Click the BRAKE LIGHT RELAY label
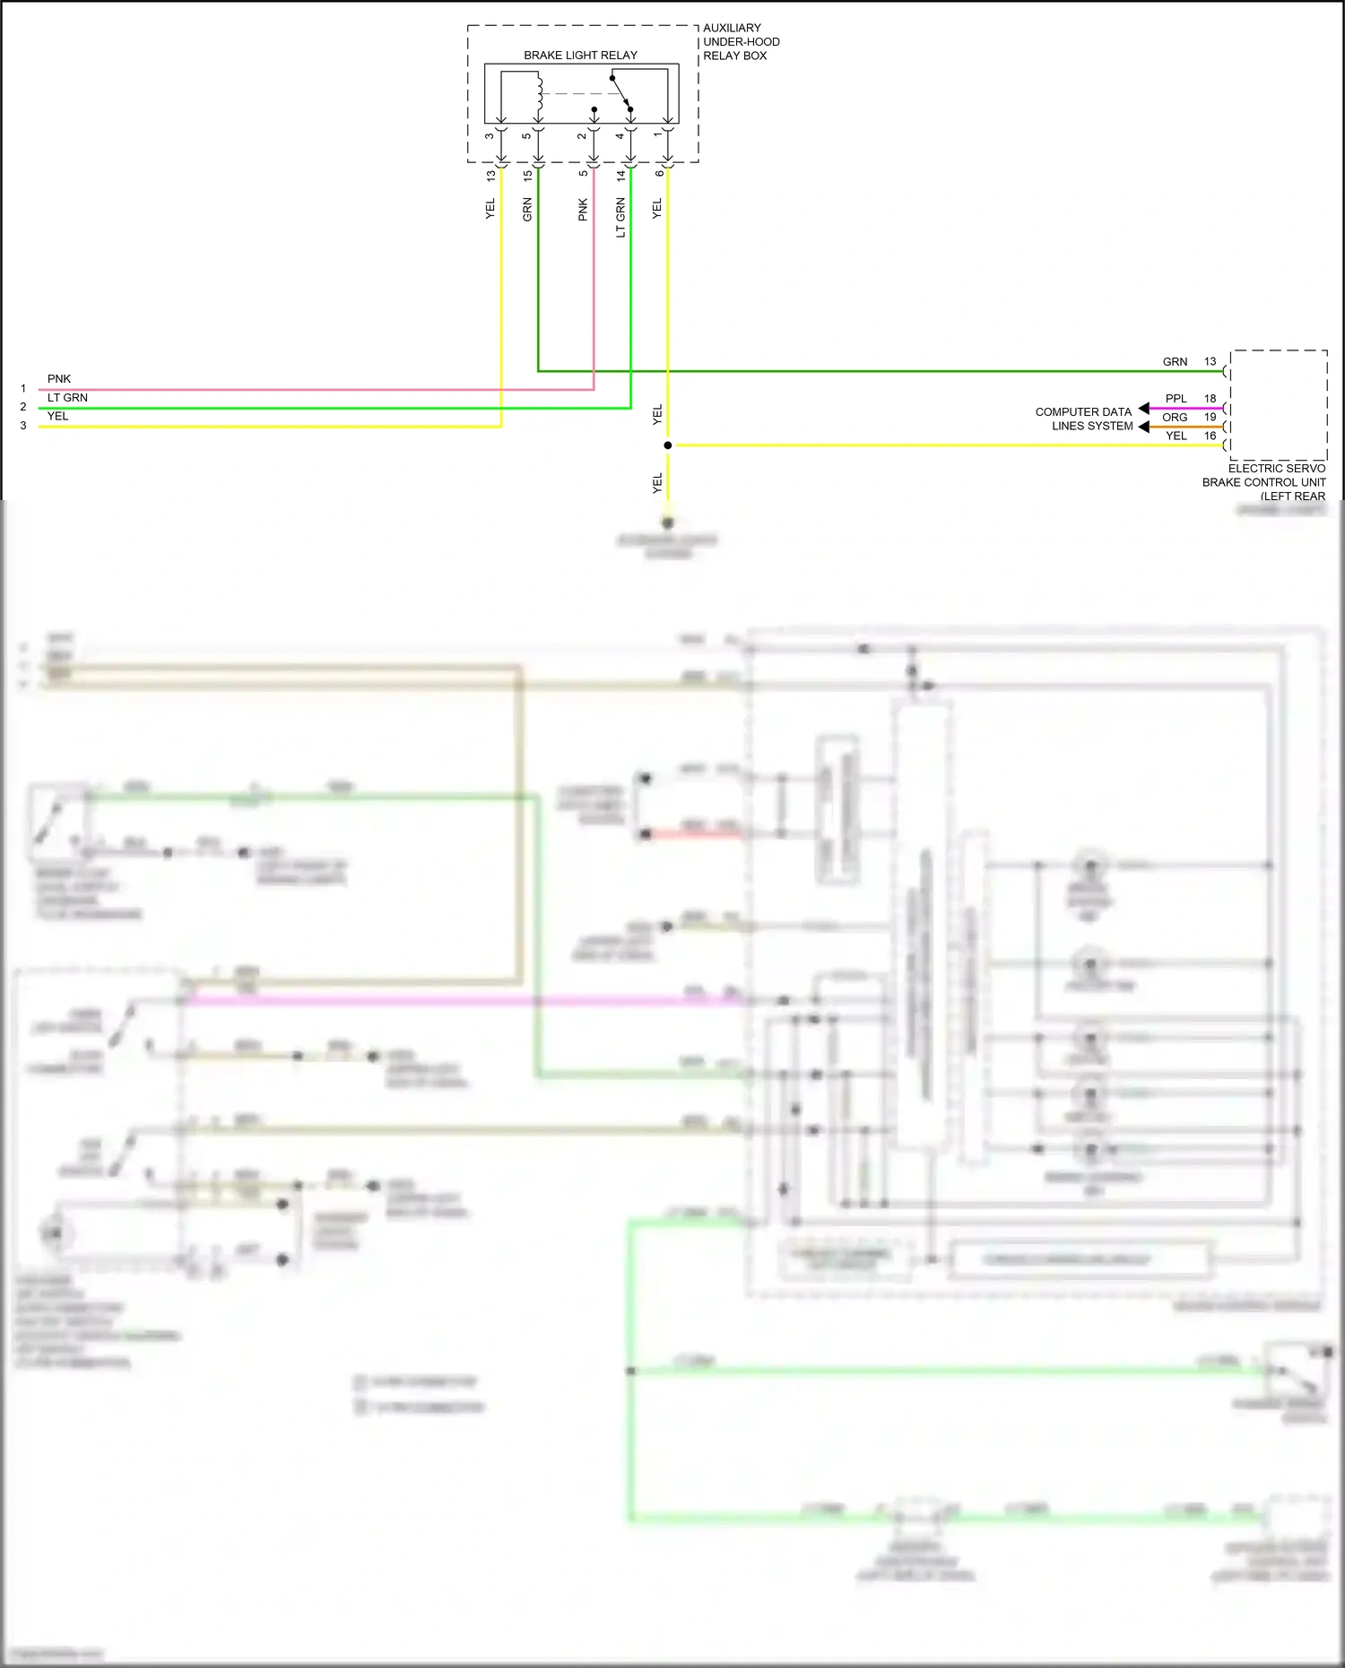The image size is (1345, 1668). [580, 56]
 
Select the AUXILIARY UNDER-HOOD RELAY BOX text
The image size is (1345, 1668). [741, 42]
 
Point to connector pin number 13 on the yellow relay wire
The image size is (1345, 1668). [490, 177]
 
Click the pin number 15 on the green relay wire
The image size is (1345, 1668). [527, 177]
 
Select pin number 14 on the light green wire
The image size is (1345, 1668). [620, 177]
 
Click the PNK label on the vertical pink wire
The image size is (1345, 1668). [583, 210]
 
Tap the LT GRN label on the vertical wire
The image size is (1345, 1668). [620, 218]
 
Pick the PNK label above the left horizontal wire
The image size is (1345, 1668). [59, 379]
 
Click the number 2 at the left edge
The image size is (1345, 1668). [23, 407]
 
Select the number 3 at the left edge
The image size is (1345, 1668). [23, 426]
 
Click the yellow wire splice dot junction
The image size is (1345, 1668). [668, 445]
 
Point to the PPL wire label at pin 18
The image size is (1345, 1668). [1176, 399]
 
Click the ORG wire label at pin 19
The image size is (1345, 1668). [1175, 418]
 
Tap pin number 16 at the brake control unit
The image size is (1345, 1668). [1210, 436]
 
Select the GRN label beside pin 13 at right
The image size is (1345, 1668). [1175, 362]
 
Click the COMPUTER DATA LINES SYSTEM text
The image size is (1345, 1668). [1083, 419]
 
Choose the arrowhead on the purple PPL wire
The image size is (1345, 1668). [1144, 409]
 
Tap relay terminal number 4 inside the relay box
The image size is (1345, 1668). [620, 136]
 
